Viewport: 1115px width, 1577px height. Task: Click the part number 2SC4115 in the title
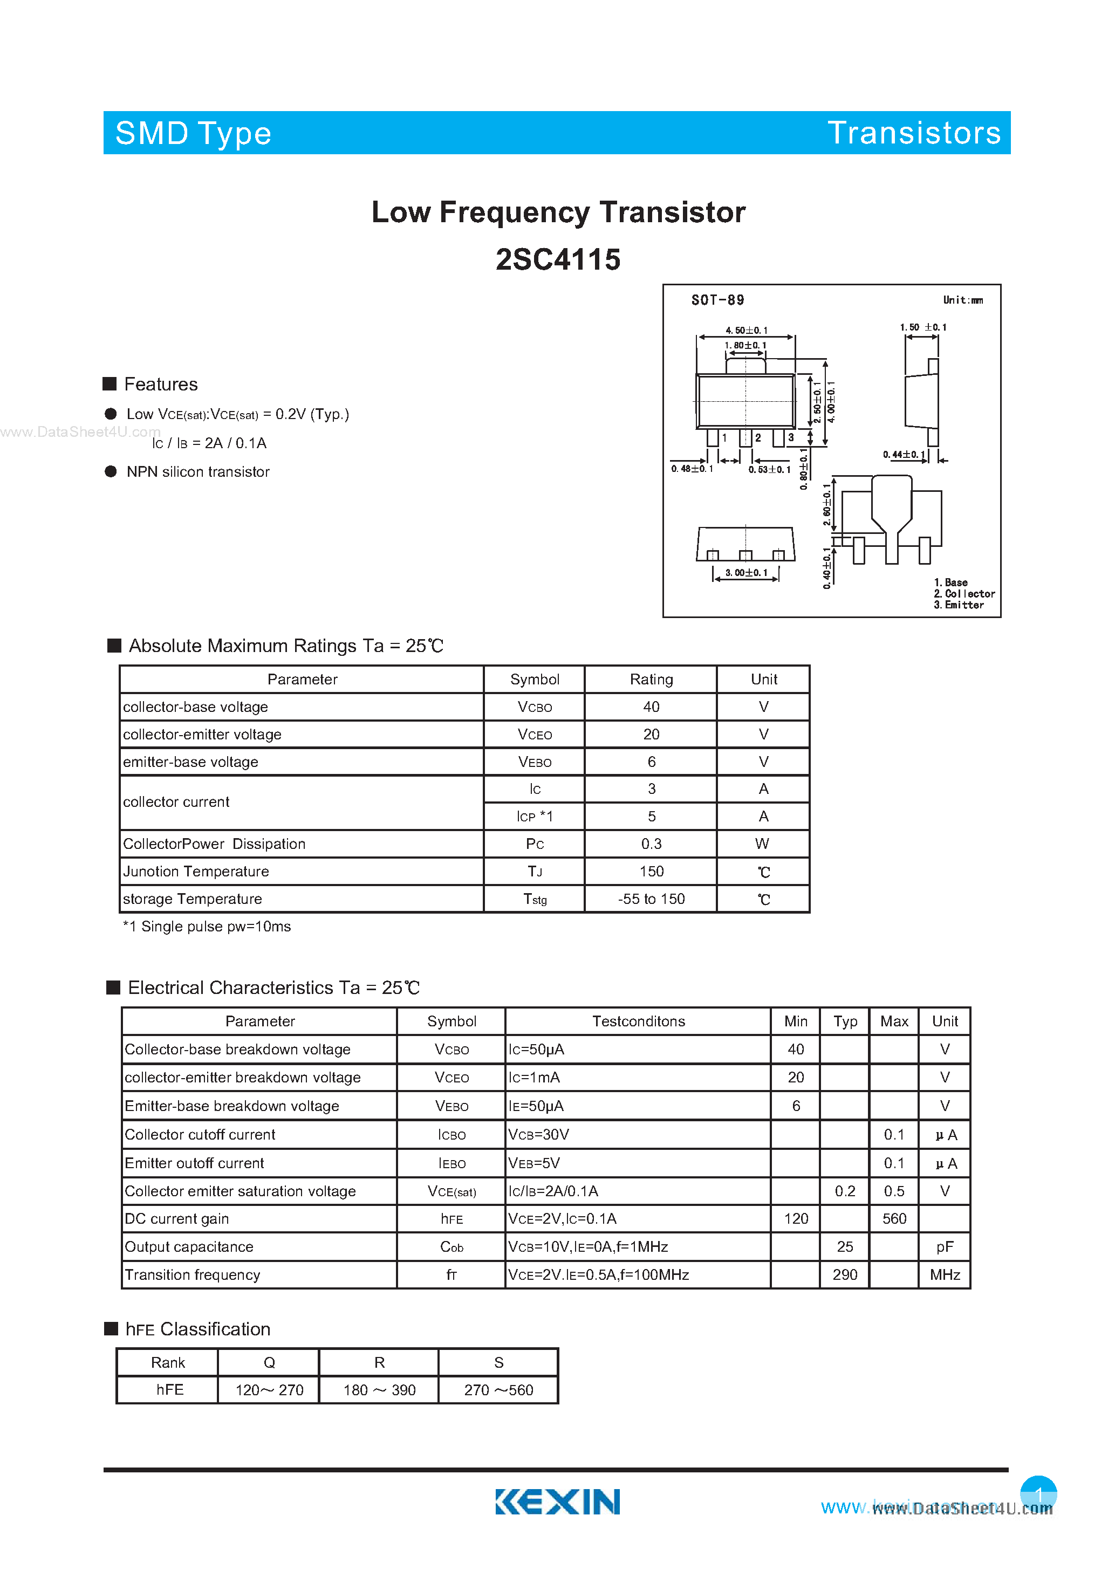pyautogui.click(x=558, y=259)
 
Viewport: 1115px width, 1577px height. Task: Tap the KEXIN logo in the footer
pyautogui.click(x=557, y=1501)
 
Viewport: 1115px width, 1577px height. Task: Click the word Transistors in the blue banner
pyautogui.click(x=914, y=133)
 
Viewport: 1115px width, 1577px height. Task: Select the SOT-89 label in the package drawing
pyautogui.click(x=717, y=300)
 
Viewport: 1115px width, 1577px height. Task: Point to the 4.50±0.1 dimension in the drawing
pyautogui.click(x=746, y=331)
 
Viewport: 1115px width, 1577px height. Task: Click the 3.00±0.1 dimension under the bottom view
pyautogui.click(x=746, y=573)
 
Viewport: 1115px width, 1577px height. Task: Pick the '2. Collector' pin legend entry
pyautogui.click(x=964, y=593)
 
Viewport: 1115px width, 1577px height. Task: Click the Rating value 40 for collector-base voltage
pyautogui.click(x=651, y=707)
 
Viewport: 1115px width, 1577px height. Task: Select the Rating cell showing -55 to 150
pyautogui.click(x=651, y=899)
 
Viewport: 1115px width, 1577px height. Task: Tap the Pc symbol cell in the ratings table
pyautogui.click(x=535, y=844)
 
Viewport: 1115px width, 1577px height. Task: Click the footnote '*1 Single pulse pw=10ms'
pyautogui.click(x=207, y=927)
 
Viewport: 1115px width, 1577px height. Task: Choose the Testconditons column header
pyautogui.click(x=638, y=1021)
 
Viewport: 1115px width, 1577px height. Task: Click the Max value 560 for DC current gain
pyautogui.click(x=894, y=1218)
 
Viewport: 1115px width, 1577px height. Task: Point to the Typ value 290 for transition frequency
pyautogui.click(x=844, y=1275)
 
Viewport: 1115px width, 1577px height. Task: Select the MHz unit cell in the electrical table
pyautogui.click(x=945, y=1275)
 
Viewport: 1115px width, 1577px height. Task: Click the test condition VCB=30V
pyautogui.click(x=538, y=1135)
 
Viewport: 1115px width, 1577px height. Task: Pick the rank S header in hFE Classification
pyautogui.click(x=498, y=1362)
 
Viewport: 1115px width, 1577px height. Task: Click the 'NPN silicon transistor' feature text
pyautogui.click(x=198, y=472)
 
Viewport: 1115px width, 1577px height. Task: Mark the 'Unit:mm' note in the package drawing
pyautogui.click(x=962, y=300)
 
